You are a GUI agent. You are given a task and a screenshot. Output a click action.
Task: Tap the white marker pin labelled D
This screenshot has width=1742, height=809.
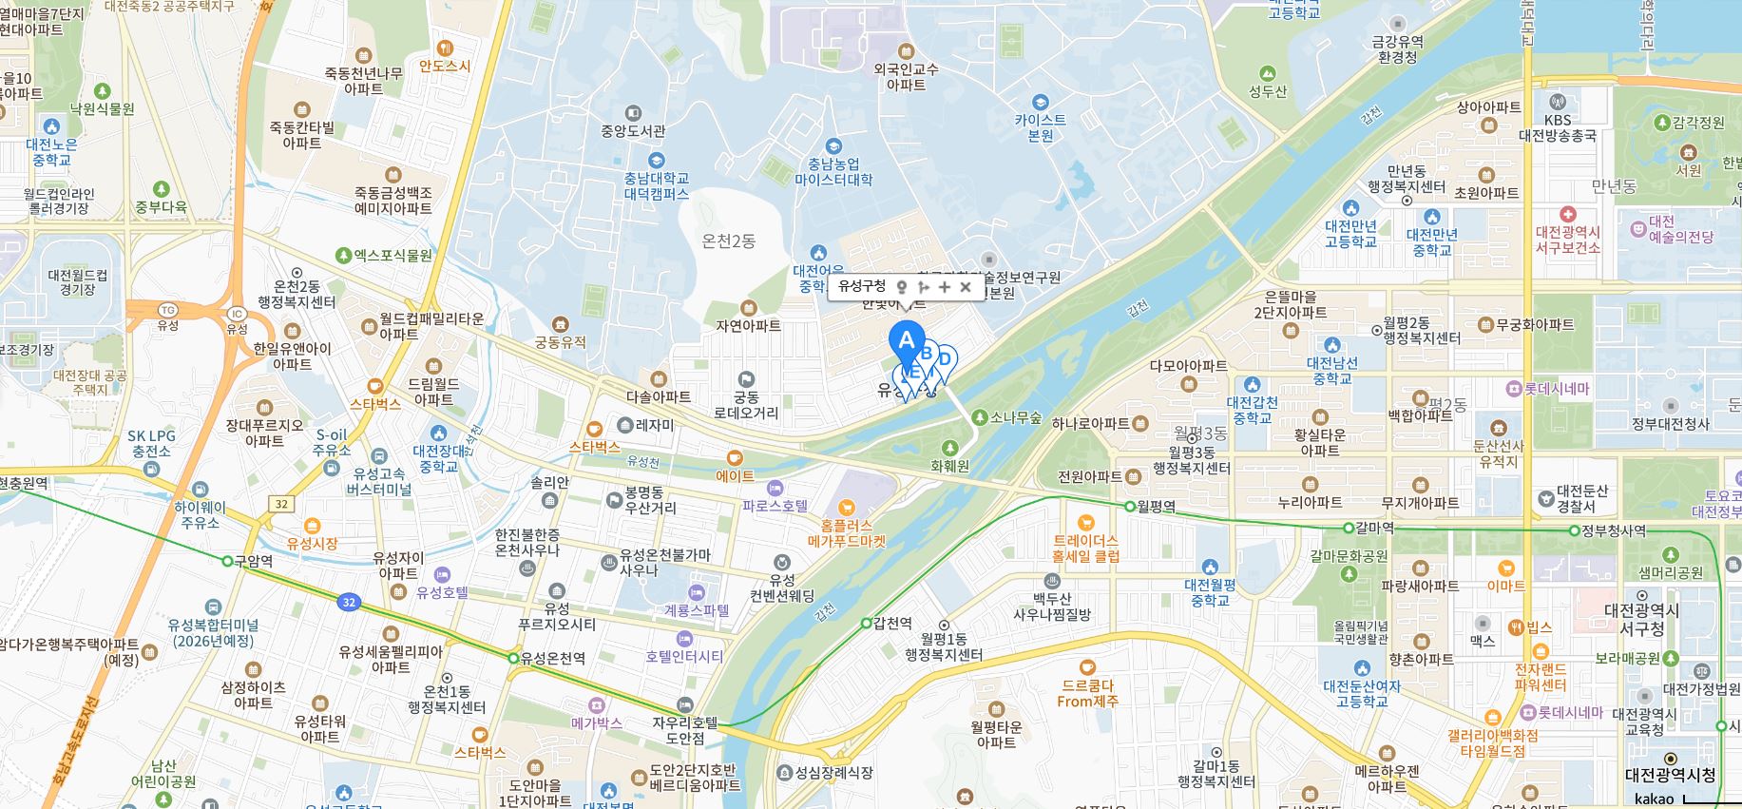click(945, 359)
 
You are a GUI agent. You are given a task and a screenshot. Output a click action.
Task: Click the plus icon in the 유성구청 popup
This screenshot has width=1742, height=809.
click(944, 286)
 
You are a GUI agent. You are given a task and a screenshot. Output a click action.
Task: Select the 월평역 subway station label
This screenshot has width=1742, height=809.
click(1156, 507)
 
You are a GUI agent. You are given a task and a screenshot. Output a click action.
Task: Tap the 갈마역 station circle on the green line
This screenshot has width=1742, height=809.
click(1348, 528)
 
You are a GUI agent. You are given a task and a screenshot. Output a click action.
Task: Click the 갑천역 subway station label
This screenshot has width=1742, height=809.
click(892, 624)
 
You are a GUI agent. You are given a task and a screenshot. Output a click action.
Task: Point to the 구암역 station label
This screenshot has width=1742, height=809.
click(254, 561)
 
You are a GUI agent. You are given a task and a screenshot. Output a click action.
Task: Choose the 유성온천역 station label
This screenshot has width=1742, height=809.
click(553, 658)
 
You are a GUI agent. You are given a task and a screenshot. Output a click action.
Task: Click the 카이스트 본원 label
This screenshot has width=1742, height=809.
click(1040, 127)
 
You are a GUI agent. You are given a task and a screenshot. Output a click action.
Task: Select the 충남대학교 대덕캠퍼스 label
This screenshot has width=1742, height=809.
click(656, 185)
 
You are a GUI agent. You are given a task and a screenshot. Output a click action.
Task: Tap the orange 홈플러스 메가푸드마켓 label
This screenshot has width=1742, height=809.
click(846, 532)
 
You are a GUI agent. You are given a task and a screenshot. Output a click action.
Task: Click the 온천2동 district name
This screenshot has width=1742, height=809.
click(728, 241)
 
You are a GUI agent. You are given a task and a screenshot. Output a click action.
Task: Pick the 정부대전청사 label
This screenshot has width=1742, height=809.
click(1670, 424)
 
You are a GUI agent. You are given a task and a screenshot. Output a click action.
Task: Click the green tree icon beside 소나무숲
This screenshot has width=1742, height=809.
click(980, 417)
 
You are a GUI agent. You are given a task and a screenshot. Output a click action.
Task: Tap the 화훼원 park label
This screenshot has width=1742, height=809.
click(949, 466)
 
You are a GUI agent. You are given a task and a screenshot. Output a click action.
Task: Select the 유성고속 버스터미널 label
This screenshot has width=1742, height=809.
click(378, 481)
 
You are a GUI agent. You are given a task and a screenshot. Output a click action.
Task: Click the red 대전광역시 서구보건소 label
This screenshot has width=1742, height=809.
click(1567, 240)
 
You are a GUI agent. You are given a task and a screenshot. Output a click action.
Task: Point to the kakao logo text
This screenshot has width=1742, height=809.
click(1655, 799)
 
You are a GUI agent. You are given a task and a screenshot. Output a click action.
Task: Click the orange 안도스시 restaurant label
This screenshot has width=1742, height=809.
click(445, 66)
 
